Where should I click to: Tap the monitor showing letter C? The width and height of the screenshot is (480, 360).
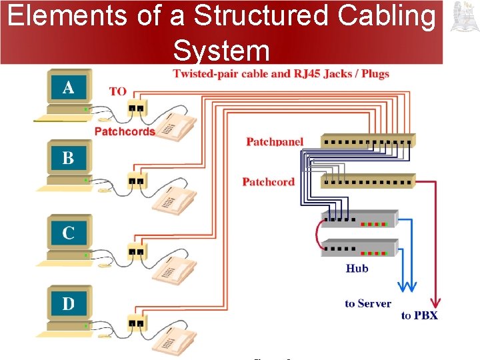[x=68, y=233]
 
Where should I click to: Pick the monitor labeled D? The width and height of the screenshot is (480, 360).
[x=68, y=305]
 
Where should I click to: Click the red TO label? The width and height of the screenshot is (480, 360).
[x=117, y=91]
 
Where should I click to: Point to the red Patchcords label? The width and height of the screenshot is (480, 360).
[x=125, y=131]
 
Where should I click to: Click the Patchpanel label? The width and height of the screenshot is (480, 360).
[x=275, y=141]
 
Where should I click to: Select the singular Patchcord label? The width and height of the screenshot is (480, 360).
[x=268, y=181]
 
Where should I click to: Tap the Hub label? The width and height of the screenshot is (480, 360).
[x=357, y=268]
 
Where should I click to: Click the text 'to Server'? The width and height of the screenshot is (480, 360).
[x=368, y=303]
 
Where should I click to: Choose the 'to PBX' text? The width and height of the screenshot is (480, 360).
[x=419, y=315]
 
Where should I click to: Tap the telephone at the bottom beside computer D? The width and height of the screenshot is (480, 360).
[x=175, y=342]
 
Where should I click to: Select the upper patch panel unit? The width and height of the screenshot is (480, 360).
[x=368, y=141]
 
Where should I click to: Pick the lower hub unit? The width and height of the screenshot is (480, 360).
[x=360, y=247]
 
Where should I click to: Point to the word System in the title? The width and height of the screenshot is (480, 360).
[x=221, y=50]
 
